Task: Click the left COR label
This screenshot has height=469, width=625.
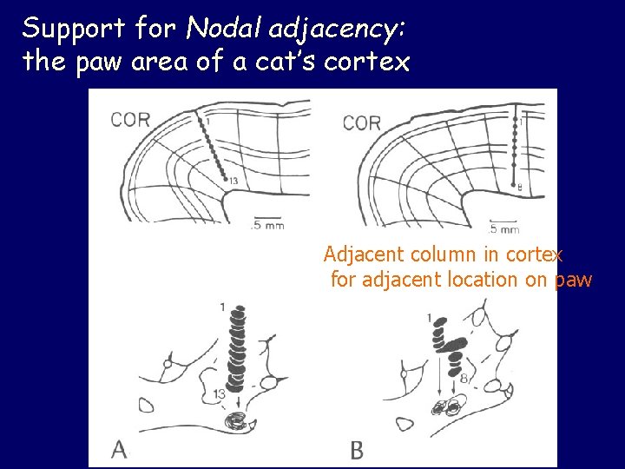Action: (130, 120)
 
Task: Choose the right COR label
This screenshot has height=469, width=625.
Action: (362, 122)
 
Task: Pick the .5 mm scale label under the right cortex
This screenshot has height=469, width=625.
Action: (504, 230)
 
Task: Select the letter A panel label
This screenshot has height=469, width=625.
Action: (120, 448)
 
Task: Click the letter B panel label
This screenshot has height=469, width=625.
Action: (357, 450)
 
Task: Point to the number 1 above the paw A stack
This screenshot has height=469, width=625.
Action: (223, 307)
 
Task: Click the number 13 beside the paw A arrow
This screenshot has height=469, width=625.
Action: (219, 393)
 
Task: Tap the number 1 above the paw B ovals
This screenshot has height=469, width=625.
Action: (431, 315)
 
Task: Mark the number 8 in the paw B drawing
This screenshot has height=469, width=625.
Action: (464, 378)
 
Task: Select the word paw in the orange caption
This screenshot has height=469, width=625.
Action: (573, 281)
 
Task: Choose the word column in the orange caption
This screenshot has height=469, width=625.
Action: (428, 255)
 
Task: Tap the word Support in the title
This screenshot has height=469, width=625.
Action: (75, 29)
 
